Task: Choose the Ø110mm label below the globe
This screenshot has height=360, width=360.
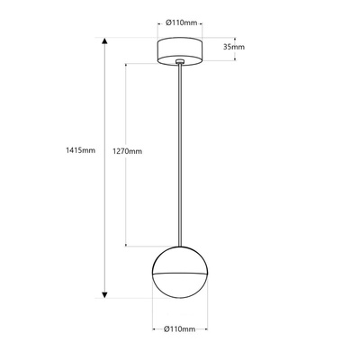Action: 179,329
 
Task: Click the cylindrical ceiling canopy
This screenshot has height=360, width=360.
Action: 183,49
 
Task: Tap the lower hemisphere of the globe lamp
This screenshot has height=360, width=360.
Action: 181,284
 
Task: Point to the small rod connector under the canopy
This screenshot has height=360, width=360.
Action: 182,63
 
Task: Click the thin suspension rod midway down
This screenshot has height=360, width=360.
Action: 182,153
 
